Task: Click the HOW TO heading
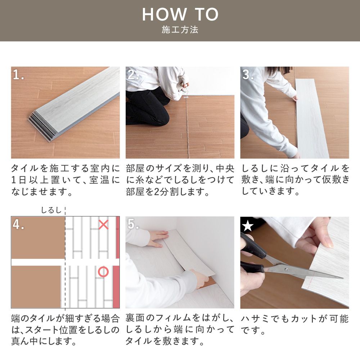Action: click(180, 14)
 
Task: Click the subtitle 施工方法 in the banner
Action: click(180, 30)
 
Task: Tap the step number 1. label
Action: click(18, 75)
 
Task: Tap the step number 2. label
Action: click(133, 75)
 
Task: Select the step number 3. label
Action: click(248, 75)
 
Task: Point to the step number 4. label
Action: click(18, 224)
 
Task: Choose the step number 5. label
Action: click(133, 224)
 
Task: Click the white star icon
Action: click(247, 226)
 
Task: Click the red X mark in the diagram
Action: click(103, 225)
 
